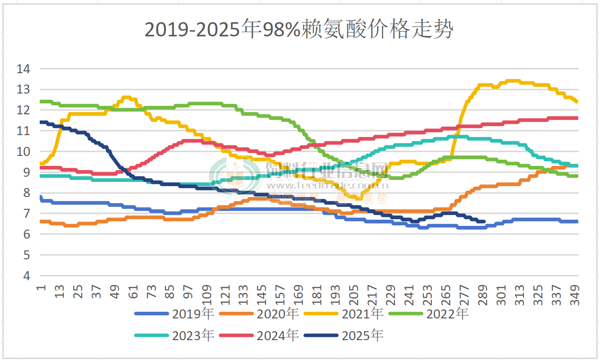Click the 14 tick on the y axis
23,69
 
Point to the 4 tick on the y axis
26,276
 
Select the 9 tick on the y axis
26,172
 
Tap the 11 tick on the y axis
23,131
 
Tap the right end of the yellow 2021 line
577,102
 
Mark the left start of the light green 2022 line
41,101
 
